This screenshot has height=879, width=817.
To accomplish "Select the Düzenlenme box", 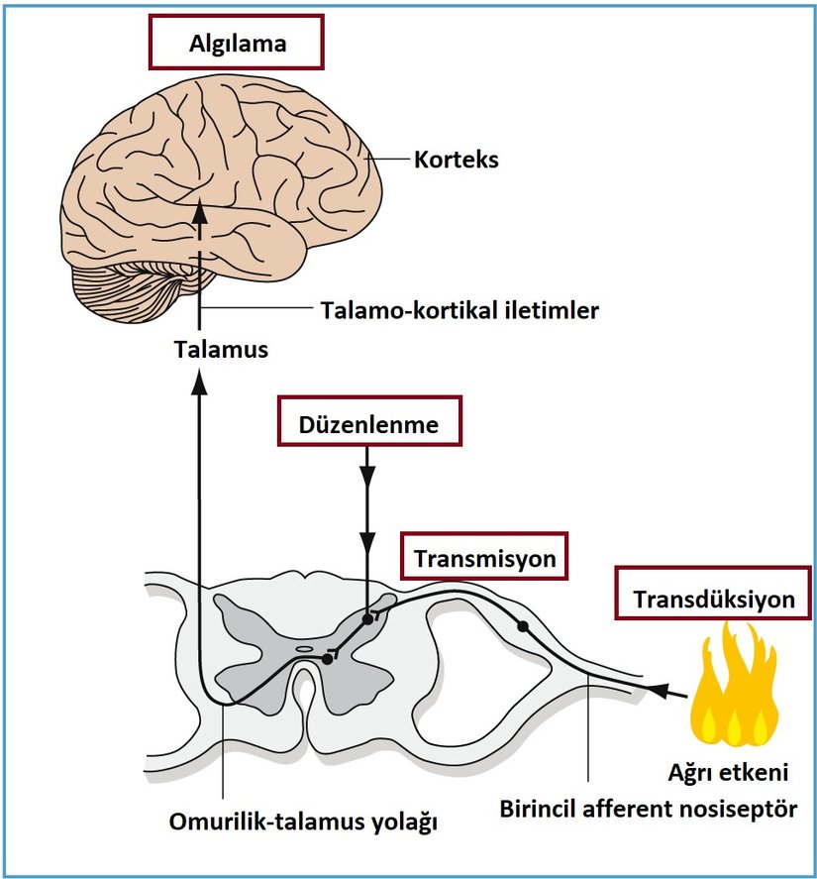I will click(367, 424).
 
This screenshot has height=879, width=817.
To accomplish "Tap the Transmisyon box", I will click(484, 559).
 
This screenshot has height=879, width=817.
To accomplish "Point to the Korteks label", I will click(456, 159).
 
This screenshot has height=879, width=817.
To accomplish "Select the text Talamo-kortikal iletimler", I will click(460, 309).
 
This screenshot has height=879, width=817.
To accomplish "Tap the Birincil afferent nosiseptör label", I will click(648, 808).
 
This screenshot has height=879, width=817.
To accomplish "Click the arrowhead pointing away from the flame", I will click(658, 689).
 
